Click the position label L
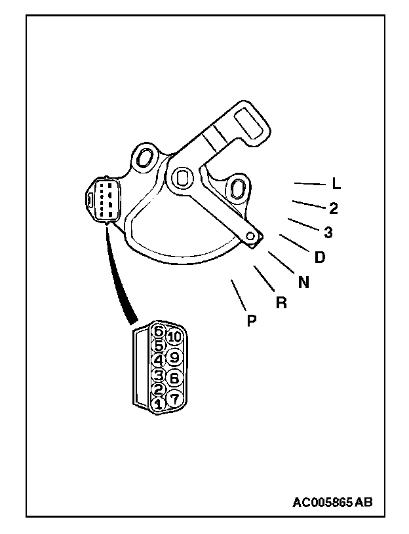click(x=336, y=185)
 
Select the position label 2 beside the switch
click(x=334, y=209)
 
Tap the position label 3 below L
click(x=328, y=232)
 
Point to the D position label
click(x=320, y=257)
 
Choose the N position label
click(x=303, y=282)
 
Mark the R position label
click(x=282, y=303)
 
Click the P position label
click(x=252, y=321)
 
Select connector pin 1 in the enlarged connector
click(x=157, y=405)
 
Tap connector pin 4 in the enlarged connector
click(x=158, y=359)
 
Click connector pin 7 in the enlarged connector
click(x=174, y=397)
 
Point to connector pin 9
click(x=174, y=357)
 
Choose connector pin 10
click(x=174, y=337)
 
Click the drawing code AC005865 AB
click(x=332, y=503)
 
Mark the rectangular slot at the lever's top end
click(x=252, y=125)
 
